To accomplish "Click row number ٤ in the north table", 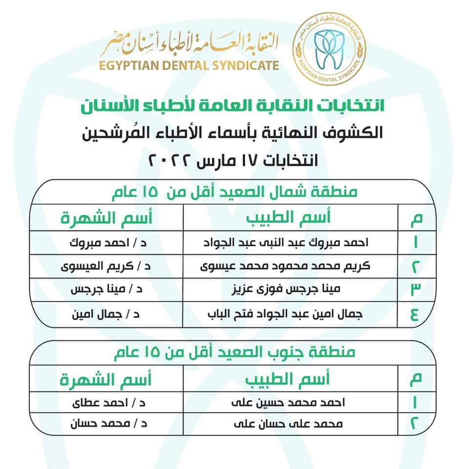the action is pyautogui.click(x=415, y=314).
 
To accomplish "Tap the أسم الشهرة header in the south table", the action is pyautogui.click(x=106, y=379).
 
